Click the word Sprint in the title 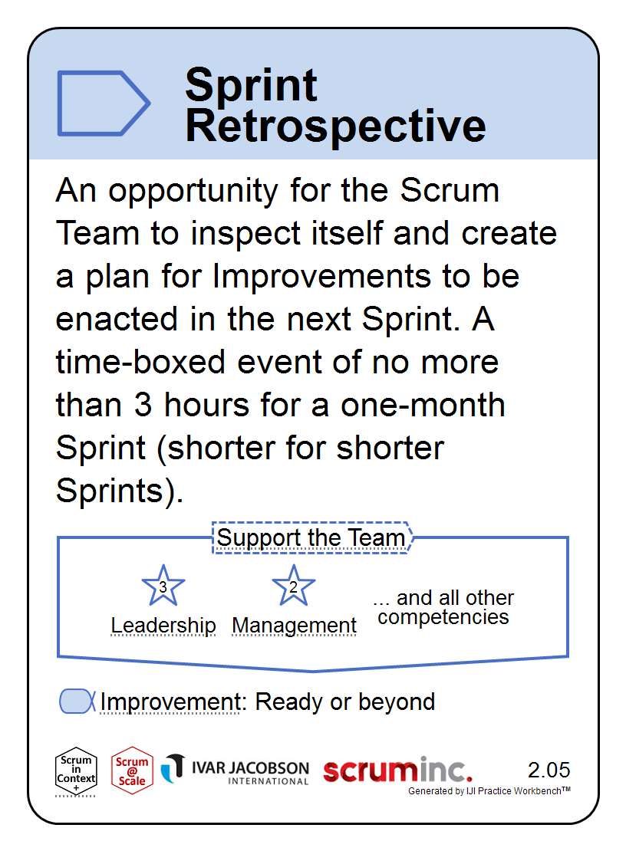(251, 85)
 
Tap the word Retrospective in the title (335, 126)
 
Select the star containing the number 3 (163, 585)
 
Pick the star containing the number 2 (293, 585)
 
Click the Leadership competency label (163, 626)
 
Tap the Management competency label (295, 626)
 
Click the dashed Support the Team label (311, 538)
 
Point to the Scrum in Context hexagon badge (76, 771)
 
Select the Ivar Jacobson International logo (235, 770)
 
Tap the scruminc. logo (397, 770)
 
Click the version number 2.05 (549, 770)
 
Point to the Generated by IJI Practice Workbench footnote (489, 790)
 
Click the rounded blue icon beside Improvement (77, 701)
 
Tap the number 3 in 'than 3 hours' (143, 406)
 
